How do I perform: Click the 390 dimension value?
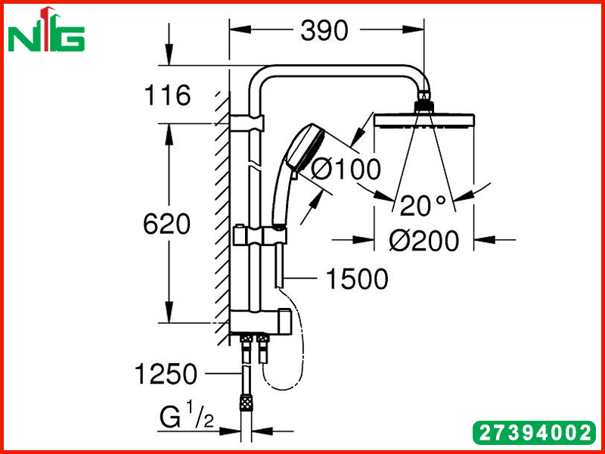coord(324,30)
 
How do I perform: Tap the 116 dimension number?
coord(167,95)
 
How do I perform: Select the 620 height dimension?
coord(166,224)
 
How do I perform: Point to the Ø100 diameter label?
coord(346,169)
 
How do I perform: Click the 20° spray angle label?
coord(423,205)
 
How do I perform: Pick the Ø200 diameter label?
coord(424,241)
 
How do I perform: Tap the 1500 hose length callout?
coord(357,278)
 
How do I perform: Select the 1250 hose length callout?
coord(166,374)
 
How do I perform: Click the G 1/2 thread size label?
coord(187,414)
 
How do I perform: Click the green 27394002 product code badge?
coord(534,433)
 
